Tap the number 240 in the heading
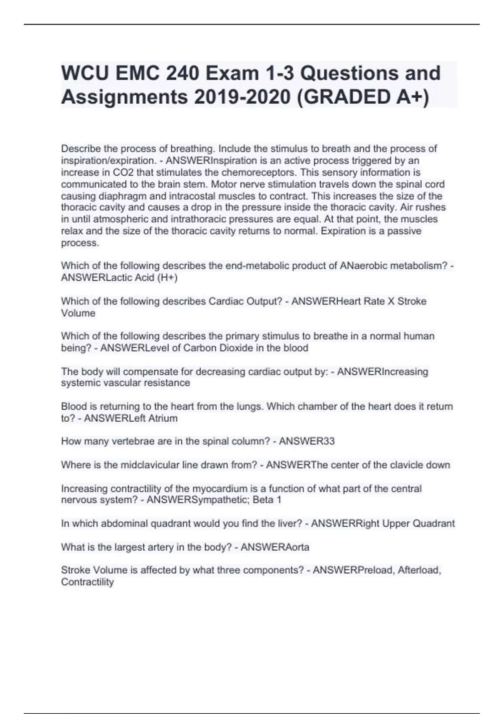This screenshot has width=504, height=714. point(181,73)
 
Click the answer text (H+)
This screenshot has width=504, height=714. point(168,277)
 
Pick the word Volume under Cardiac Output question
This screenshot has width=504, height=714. point(78,313)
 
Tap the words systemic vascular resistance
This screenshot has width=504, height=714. point(125,383)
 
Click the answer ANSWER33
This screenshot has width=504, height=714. point(307,441)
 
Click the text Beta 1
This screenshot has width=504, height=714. point(267,499)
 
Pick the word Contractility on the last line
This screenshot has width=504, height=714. point(87,582)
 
